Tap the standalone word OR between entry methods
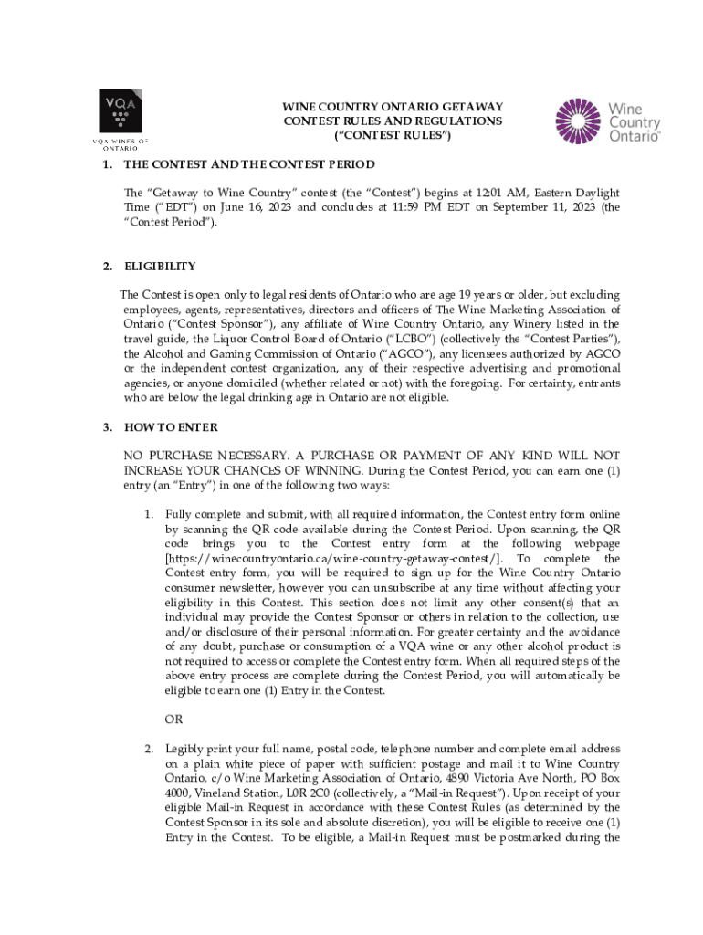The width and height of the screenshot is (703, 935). tap(173, 720)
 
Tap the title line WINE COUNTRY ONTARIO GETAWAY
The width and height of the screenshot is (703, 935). tap(393, 107)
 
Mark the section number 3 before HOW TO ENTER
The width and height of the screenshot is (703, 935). tap(107, 427)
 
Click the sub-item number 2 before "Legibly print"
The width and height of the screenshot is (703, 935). tap(149, 749)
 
